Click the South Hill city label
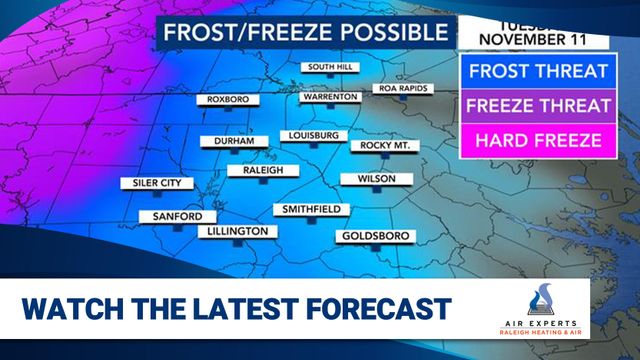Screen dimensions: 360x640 pyautogui.click(x=332, y=67)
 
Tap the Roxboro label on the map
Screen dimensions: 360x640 pyautogui.click(x=228, y=99)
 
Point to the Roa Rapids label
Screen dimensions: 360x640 pyautogui.click(x=403, y=89)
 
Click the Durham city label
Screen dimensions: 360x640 pyautogui.click(x=234, y=142)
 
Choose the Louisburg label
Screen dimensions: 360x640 pyautogui.click(x=313, y=135)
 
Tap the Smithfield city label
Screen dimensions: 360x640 pyautogui.click(x=312, y=209)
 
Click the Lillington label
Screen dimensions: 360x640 pyautogui.click(x=237, y=231)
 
